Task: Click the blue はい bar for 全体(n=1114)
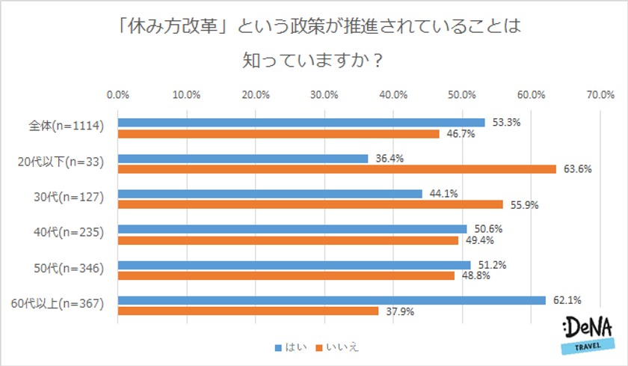301,123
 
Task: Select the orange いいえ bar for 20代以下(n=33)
337,169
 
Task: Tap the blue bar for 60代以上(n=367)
332,300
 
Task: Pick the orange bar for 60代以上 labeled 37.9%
248,311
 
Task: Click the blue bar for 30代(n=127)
270,194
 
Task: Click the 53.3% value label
506,121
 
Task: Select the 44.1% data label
443,193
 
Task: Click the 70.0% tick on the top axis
600,95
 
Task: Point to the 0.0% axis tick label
118,95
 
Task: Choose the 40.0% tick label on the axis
393,95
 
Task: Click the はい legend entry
291,347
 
